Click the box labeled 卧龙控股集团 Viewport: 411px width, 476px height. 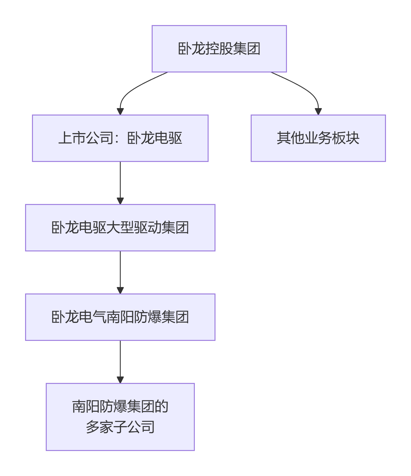219,49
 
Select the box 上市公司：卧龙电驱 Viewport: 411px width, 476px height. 120,138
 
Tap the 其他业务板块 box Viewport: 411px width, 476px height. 318,138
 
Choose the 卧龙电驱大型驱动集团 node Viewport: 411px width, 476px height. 120,228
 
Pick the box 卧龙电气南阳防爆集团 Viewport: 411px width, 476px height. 120,317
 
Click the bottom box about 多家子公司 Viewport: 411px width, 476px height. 120,417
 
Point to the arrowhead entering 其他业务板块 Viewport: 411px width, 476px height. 318,112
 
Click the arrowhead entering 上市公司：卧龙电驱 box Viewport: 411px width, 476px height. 120,112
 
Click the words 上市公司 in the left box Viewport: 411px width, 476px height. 86,138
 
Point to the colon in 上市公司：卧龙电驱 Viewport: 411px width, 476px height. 120,138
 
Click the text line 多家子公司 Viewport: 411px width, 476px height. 120,427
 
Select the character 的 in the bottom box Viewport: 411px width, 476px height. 162,407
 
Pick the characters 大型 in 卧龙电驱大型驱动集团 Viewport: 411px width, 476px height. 120,228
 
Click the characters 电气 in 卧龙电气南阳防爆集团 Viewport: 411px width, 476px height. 93,317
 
